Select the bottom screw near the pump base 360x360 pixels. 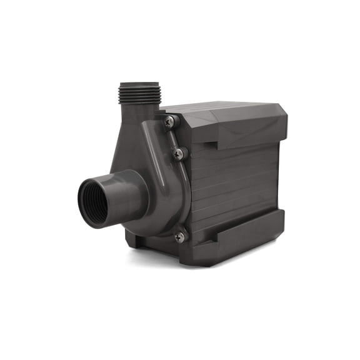click(179, 237)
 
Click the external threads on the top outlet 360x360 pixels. click(139, 94)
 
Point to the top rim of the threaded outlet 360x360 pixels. click(139, 84)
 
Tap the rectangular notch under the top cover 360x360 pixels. click(209, 145)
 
